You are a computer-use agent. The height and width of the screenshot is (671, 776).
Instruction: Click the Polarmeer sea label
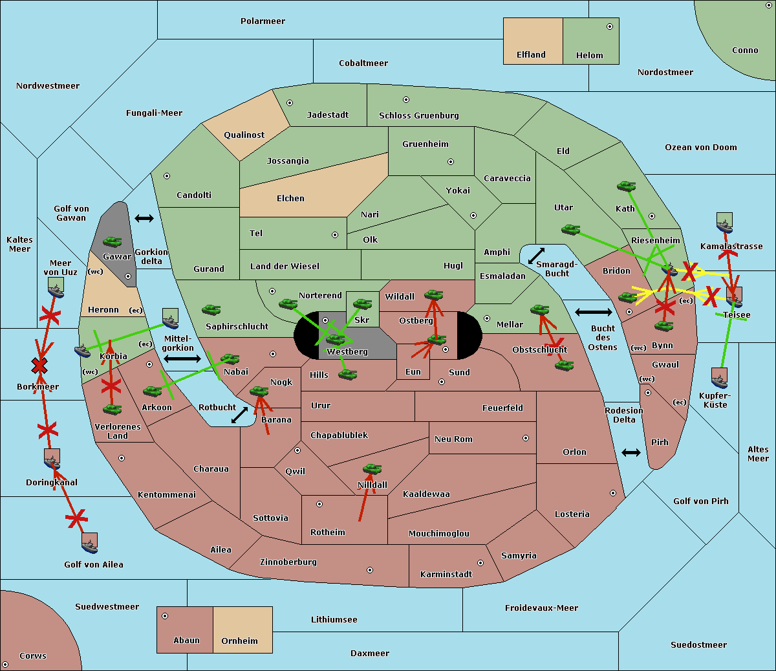click(x=263, y=21)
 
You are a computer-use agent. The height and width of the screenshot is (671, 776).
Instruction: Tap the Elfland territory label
click(x=531, y=55)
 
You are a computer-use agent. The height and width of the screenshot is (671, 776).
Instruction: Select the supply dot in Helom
click(x=609, y=27)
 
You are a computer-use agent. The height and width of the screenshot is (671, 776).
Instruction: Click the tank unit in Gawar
click(x=113, y=242)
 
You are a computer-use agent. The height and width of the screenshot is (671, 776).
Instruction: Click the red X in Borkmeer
click(x=39, y=366)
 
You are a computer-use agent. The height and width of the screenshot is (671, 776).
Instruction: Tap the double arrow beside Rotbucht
click(x=239, y=415)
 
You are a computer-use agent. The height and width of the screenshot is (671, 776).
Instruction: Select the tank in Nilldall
click(x=372, y=469)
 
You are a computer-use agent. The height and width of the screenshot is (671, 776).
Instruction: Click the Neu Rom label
click(x=453, y=439)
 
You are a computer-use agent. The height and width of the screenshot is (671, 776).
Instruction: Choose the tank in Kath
click(x=626, y=186)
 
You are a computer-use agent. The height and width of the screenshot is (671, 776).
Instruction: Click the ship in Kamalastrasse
click(x=724, y=223)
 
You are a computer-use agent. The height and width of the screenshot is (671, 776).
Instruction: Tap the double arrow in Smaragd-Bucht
click(x=536, y=256)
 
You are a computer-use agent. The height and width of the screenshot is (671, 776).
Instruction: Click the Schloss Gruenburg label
click(x=418, y=116)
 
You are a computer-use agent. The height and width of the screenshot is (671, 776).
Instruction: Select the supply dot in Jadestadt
click(x=290, y=103)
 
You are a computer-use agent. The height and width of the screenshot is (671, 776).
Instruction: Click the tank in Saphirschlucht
click(x=211, y=311)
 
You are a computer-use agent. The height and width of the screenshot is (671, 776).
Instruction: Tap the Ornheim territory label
click(x=239, y=641)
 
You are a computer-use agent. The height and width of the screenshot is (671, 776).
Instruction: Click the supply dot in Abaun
click(x=165, y=616)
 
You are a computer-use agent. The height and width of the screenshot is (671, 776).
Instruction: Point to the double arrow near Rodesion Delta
click(x=631, y=452)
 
